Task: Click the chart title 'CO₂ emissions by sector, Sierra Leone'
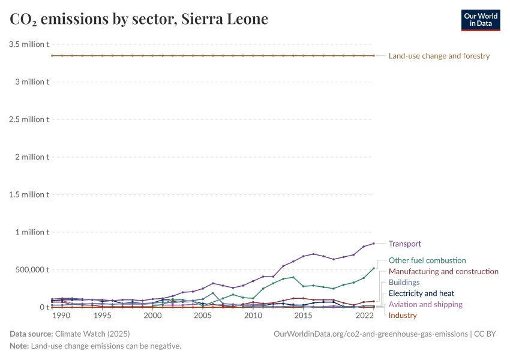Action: tap(139, 19)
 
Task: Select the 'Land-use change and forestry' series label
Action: tap(439, 56)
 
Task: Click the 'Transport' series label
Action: tap(404, 244)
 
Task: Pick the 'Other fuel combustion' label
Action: tap(427, 260)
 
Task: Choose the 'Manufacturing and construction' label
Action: tap(443, 271)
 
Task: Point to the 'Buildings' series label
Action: tap(404, 282)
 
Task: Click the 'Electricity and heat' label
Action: tap(421, 293)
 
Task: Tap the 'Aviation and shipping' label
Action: tap(425, 304)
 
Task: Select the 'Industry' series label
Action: tap(402, 315)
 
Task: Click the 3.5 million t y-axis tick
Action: tap(29, 44)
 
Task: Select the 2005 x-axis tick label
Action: tap(203, 316)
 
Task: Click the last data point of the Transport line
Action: tap(374, 244)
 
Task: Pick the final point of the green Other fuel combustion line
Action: tap(374, 268)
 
